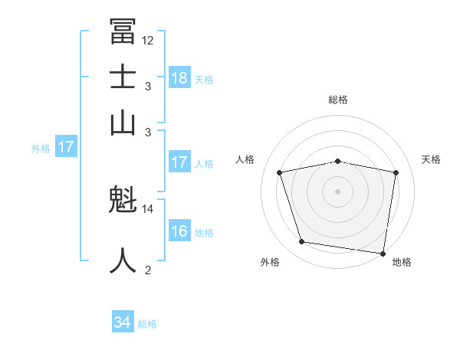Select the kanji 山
point(123,122)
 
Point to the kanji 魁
point(123,202)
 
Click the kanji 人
point(123,260)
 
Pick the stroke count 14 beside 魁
point(148,208)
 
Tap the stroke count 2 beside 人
point(148,270)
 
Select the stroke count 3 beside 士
point(148,87)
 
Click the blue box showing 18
point(179,78)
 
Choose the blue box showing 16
point(179,231)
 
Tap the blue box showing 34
point(123,323)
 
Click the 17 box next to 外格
point(66,147)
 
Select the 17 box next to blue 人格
point(179,162)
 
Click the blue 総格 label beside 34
point(147,324)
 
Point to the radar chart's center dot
point(337,191)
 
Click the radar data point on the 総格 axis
point(337,161)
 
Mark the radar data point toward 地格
point(383,253)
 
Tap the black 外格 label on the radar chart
point(270,263)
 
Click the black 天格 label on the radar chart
point(432,159)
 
